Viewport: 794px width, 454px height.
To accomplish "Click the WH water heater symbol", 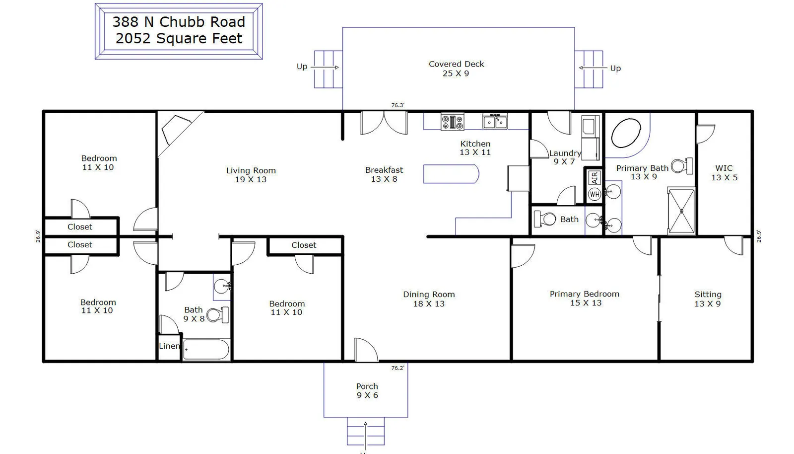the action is [x=595, y=194].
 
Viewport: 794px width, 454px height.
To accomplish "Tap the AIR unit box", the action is [x=595, y=177].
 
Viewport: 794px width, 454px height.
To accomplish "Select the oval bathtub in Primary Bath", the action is [x=626, y=133].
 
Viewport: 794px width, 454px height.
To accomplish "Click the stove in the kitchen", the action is [x=453, y=122].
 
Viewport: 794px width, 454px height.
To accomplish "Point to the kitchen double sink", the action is [x=495, y=121].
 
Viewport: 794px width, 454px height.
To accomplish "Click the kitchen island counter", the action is [x=451, y=174].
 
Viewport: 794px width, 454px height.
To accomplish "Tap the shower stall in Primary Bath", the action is [x=682, y=211].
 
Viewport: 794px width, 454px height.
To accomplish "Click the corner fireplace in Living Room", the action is [x=177, y=130].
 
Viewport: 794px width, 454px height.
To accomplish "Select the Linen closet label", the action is [x=169, y=346].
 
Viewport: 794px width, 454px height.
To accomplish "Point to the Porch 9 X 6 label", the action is [x=367, y=390].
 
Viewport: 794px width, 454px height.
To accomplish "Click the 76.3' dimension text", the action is [x=397, y=105].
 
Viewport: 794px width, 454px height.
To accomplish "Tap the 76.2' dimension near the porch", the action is [x=397, y=368].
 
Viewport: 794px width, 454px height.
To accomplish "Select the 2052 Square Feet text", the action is [x=179, y=38].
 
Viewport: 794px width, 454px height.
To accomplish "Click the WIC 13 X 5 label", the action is [x=724, y=173].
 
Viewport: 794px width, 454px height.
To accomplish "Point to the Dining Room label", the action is [x=429, y=294].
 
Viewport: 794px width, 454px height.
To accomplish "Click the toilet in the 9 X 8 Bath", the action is [x=218, y=314].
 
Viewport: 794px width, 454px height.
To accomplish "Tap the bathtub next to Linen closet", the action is [x=206, y=350].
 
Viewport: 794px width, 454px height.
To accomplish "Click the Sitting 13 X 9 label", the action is [x=708, y=299].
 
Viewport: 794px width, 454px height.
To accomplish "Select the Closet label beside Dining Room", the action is [x=304, y=245].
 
